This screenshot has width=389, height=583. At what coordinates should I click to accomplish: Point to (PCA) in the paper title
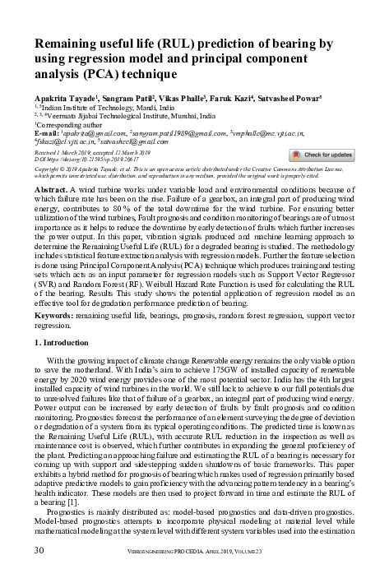point(96,73)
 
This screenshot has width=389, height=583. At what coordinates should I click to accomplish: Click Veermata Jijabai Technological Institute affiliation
point(127,114)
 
